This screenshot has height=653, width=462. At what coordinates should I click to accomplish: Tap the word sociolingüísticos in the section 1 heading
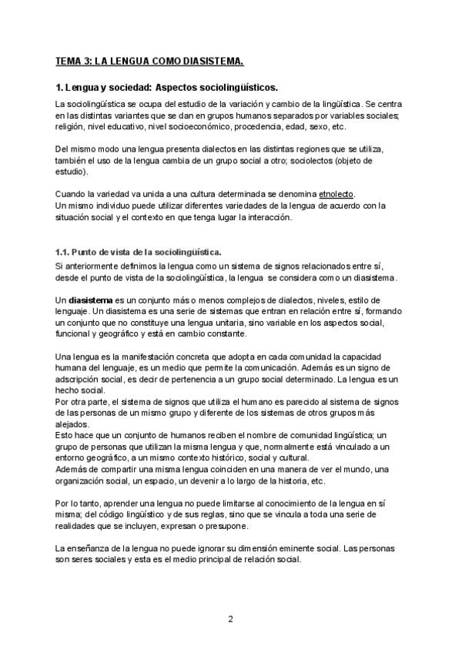(x=234, y=88)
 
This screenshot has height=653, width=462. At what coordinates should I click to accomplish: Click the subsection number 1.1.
(x=63, y=252)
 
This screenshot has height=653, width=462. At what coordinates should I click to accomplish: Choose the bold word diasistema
(x=90, y=300)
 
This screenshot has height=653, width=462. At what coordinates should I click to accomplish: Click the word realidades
(x=79, y=527)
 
